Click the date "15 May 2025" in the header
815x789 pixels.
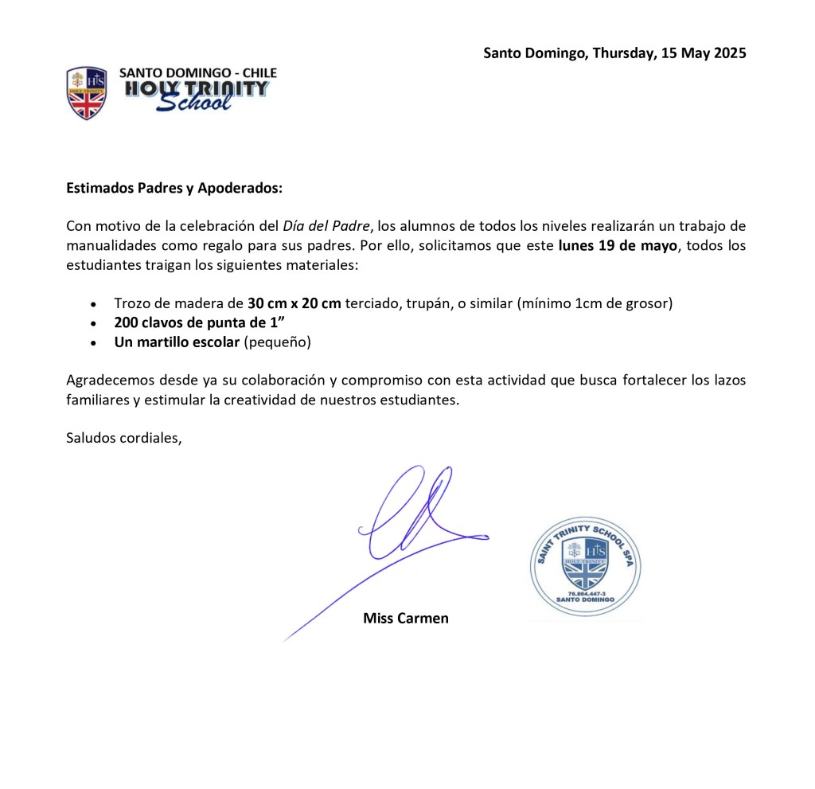tap(704, 53)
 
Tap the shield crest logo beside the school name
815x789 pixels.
tap(86, 92)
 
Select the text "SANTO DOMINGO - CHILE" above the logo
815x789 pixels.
tap(197, 72)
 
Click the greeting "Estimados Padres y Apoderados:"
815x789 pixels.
tap(174, 189)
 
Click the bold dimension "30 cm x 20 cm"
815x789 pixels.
tap(294, 303)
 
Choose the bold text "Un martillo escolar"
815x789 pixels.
tap(177, 343)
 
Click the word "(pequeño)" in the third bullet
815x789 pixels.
tap(277, 343)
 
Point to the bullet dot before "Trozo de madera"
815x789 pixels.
tap(95, 304)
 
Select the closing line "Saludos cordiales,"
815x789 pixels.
tap(124, 437)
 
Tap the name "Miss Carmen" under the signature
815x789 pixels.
tap(406, 618)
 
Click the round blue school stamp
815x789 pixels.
tap(585, 567)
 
